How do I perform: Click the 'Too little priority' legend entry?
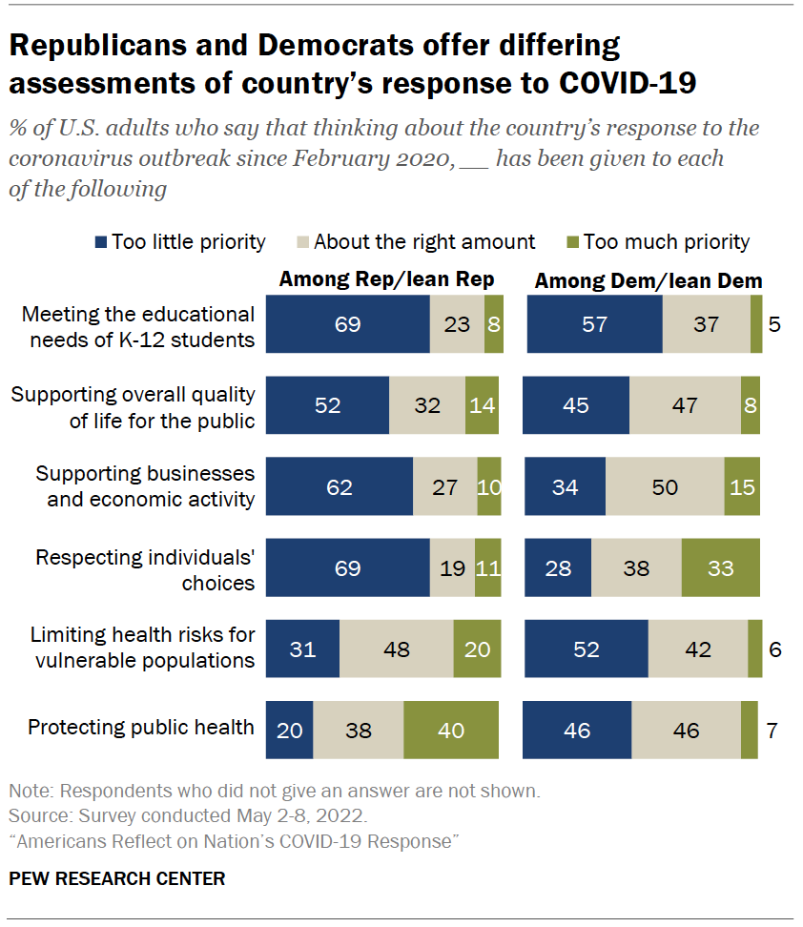coord(179,241)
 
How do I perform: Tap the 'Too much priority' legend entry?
coord(657,241)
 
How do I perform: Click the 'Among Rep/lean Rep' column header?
coord(386,279)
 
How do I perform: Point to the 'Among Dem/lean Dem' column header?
coord(649,280)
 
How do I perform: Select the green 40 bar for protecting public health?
coord(451,731)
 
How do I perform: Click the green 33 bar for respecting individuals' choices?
coord(721,568)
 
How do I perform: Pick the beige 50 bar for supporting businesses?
coord(665,487)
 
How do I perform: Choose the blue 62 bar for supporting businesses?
coord(339,487)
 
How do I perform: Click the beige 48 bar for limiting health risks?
coord(396,649)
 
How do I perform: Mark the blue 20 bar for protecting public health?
coord(289,731)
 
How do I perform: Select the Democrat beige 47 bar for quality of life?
coord(685,405)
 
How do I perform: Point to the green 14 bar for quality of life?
coord(483,405)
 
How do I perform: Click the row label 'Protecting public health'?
coord(141,728)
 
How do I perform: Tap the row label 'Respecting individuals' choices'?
coord(145,569)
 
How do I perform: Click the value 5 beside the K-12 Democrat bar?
coord(775,324)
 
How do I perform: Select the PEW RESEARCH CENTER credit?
coord(117,879)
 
